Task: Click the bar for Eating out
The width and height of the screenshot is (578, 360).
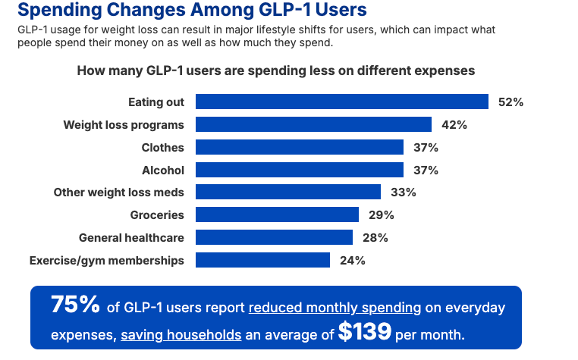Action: [341, 102]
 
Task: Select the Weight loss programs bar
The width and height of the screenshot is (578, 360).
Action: [313, 124]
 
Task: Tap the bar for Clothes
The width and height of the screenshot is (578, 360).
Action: [299, 147]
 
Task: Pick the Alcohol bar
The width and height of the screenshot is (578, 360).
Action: [299, 170]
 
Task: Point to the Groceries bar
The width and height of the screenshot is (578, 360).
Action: [277, 214]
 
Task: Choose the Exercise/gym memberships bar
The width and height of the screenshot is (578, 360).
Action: [262, 260]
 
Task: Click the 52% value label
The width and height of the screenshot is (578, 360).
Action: [510, 102]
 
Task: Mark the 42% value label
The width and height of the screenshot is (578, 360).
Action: [454, 124]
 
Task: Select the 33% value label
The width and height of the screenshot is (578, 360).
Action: [403, 193]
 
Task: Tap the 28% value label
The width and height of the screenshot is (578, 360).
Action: [375, 237]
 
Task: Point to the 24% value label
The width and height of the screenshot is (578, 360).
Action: [353, 260]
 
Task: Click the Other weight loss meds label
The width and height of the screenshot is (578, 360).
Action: [118, 193]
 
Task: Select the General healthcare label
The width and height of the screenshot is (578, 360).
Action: [131, 237]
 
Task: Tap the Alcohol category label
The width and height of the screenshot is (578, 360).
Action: [163, 170]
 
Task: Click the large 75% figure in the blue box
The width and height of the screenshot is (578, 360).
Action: [75, 305]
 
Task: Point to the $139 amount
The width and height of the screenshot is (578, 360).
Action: [365, 331]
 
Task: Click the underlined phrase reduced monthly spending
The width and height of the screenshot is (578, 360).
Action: [335, 308]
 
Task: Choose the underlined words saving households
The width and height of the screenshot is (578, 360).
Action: [181, 334]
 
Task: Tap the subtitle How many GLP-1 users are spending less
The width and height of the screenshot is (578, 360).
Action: [275, 70]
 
